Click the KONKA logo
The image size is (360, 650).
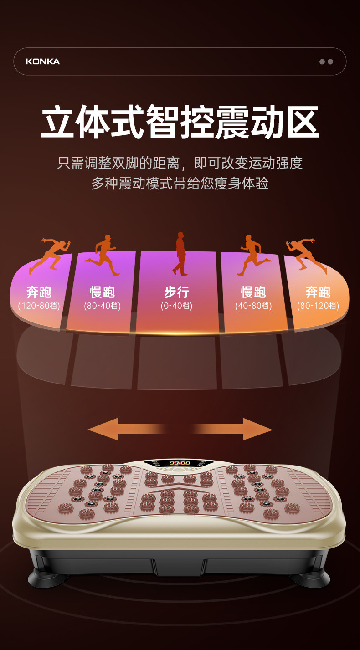click(x=43, y=61)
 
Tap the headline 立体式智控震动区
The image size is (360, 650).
click(x=180, y=122)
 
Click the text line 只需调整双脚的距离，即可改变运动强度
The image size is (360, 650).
click(x=180, y=163)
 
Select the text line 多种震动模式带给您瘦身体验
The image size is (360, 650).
click(x=180, y=184)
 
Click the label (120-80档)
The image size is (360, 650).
click(x=39, y=306)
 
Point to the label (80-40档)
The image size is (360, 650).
click(x=102, y=306)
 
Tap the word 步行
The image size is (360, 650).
click(x=176, y=292)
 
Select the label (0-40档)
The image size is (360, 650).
click(x=176, y=306)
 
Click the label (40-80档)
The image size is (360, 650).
click(x=253, y=306)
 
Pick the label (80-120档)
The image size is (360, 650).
click(x=318, y=306)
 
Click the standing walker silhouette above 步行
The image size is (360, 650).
click(x=180, y=254)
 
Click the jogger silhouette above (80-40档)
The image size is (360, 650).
click(x=104, y=255)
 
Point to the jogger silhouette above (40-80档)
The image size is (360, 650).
click(x=252, y=255)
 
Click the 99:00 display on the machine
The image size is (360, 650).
click(x=180, y=463)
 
